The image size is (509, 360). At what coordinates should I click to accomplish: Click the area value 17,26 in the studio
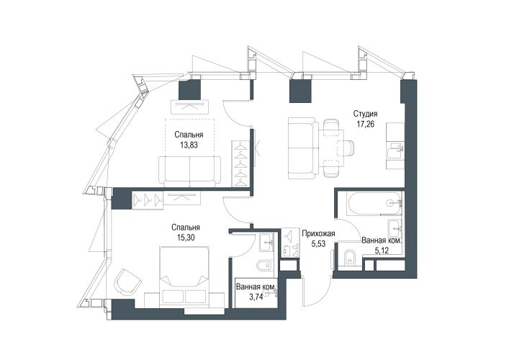click(x=366, y=124)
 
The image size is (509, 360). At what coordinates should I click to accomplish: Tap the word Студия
click(x=366, y=114)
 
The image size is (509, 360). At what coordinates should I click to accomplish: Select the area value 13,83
click(x=189, y=145)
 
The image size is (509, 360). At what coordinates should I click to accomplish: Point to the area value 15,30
click(x=186, y=238)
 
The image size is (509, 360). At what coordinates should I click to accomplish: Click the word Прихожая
click(x=318, y=233)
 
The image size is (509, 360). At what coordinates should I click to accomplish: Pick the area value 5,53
click(x=318, y=244)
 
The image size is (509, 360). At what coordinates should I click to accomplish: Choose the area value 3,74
click(x=256, y=297)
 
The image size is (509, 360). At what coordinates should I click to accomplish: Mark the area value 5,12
click(x=382, y=251)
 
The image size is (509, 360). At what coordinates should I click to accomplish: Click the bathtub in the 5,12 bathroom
click(x=374, y=204)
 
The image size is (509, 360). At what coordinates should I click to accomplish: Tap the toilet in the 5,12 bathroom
click(x=349, y=258)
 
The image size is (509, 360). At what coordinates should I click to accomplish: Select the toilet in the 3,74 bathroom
click(x=266, y=266)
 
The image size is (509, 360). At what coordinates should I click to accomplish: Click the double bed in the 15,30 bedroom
click(x=184, y=276)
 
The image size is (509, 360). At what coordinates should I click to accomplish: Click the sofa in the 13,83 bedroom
click(x=190, y=171)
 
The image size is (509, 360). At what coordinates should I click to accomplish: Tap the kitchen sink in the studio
click(x=395, y=150)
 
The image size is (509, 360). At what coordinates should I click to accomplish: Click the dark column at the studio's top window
click(x=301, y=91)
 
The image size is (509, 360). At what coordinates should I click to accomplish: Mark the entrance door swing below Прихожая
click(x=317, y=293)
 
